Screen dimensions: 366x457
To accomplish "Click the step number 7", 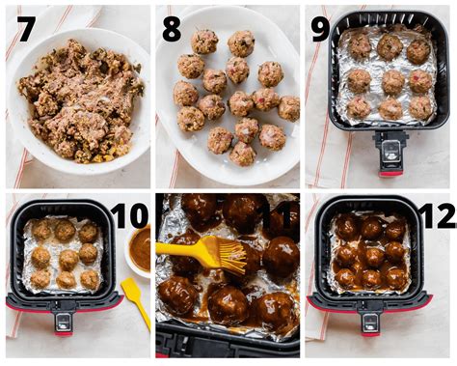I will click(26, 29).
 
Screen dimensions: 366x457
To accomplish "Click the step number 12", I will click(435, 214).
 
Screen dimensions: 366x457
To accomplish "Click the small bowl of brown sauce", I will click(140, 248).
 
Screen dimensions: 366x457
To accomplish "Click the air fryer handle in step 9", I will click(390, 153).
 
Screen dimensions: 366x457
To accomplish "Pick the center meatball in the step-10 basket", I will click(64, 255).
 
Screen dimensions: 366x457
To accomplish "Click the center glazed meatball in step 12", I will click(371, 255).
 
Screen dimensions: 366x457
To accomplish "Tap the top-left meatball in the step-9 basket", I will click(360, 46).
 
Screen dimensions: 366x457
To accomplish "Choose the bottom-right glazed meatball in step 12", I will click(396, 277).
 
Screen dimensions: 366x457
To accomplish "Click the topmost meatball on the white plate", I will click(204, 42).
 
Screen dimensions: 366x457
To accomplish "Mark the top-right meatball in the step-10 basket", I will click(88, 233).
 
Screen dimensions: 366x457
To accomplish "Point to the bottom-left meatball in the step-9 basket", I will click(359, 108).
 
